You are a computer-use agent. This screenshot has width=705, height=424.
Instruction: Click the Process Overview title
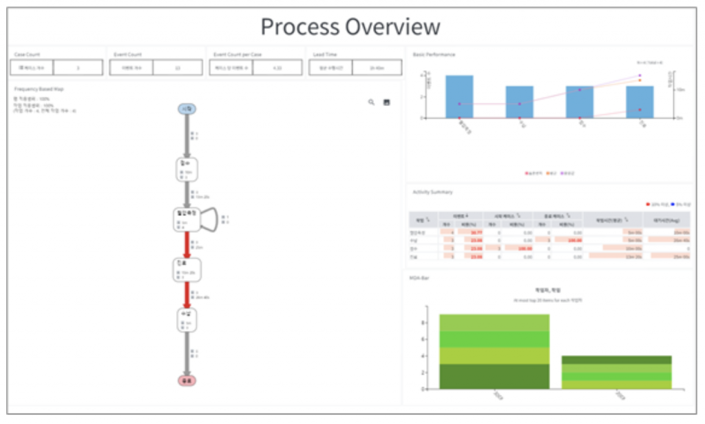(350, 27)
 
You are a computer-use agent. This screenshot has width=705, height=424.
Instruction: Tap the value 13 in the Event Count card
(178, 67)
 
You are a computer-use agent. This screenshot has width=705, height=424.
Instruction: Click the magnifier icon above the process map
(372, 102)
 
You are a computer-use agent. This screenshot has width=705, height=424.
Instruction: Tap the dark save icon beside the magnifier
(387, 102)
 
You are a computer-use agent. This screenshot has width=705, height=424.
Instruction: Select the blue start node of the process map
(186, 108)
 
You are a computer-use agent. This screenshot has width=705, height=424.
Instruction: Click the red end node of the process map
(186, 380)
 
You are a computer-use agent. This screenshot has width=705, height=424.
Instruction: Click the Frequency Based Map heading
(40, 89)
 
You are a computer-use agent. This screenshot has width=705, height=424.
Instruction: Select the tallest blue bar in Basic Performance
(459, 96)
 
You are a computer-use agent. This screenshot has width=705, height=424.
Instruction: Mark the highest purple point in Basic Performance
(640, 75)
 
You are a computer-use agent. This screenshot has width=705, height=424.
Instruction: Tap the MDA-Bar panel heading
(420, 277)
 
